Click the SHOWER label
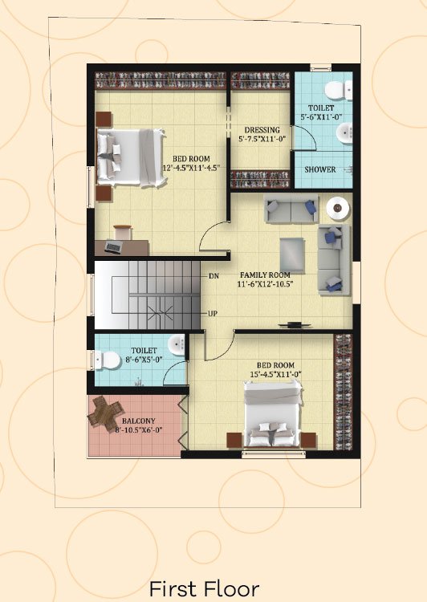(x=320, y=169)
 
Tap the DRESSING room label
(x=262, y=130)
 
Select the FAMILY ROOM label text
(x=265, y=275)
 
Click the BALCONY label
(x=139, y=421)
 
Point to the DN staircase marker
(x=213, y=275)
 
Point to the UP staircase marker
(x=213, y=313)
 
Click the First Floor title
(x=205, y=588)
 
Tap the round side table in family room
(x=338, y=208)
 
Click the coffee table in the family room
(x=292, y=255)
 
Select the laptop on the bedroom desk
(x=113, y=247)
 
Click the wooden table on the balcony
(x=105, y=412)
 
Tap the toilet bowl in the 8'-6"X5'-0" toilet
(x=108, y=360)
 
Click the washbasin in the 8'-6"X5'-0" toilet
(x=177, y=344)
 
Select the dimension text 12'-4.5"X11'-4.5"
(x=191, y=168)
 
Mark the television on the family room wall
(x=295, y=325)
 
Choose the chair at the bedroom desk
(x=123, y=232)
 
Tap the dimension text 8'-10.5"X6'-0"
(x=139, y=430)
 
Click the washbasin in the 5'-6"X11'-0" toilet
(x=344, y=132)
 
